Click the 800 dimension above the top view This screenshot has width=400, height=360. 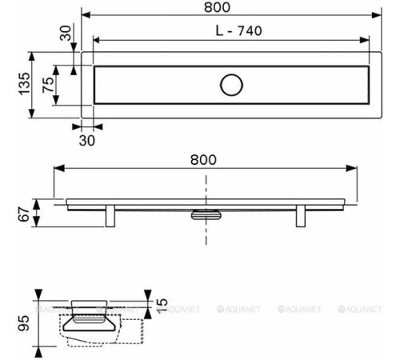coord(217,7)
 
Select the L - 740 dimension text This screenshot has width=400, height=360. coord(238,31)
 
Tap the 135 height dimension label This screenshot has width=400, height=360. coord(24,84)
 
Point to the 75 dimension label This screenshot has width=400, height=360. coord(48,85)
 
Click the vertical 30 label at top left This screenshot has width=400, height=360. coord(66,33)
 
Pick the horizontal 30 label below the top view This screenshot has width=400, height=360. coord(87,141)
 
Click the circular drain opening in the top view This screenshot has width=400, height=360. coord(231,85)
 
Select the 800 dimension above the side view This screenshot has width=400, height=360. coord(203,160)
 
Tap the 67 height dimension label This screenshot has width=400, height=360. coord(24,214)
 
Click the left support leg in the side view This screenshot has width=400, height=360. coord(110,216)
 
